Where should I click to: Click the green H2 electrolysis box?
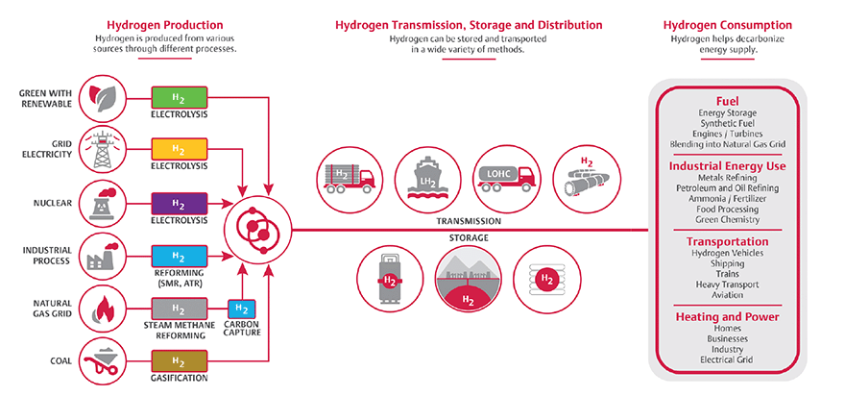(179, 97)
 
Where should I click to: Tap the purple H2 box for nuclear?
(179, 203)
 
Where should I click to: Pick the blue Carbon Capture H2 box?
(243, 309)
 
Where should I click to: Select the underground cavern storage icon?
(469, 280)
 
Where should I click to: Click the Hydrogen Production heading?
(180, 24)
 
